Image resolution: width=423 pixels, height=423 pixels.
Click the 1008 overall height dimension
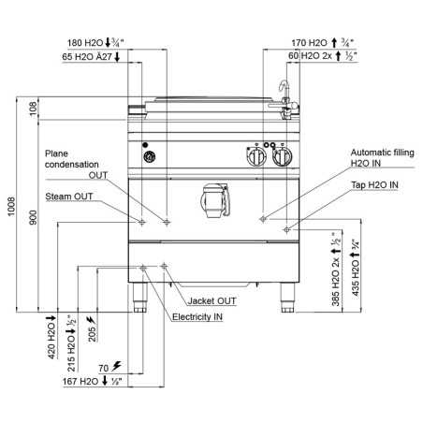(x=11, y=206)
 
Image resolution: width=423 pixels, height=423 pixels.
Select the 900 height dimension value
(x=33, y=217)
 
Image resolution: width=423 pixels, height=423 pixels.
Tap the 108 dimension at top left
(x=33, y=109)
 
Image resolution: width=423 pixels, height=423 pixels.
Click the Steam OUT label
(x=69, y=197)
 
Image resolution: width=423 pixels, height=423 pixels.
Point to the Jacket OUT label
(x=211, y=301)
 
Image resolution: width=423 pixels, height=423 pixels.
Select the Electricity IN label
(x=197, y=317)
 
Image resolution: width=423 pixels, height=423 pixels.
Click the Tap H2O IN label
(x=374, y=185)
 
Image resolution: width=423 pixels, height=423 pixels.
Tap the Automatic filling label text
(x=383, y=153)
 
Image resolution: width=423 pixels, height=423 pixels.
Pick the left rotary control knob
(x=256, y=156)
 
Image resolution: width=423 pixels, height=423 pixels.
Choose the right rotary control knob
(x=283, y=156)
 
